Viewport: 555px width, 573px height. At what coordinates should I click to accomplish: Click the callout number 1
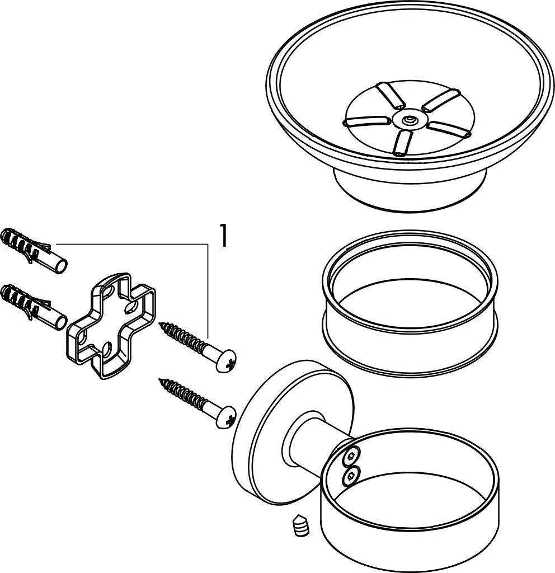tap(223, 236)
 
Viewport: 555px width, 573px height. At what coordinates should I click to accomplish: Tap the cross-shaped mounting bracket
tap(111, 326)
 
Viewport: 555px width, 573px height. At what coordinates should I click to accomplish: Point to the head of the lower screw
tap(226, 416)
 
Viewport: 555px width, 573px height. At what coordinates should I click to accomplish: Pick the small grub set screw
tap(301, 525)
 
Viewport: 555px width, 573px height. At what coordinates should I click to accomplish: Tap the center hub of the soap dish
tap(409, 120)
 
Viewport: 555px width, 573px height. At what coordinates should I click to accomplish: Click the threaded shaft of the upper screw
tap(183, 337)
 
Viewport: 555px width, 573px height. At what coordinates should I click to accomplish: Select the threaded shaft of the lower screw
tap(183, 393)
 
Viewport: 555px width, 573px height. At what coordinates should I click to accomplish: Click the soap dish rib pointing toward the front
tap(403, 143)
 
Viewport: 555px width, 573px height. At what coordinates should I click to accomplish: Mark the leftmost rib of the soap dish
tap(365, 121)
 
